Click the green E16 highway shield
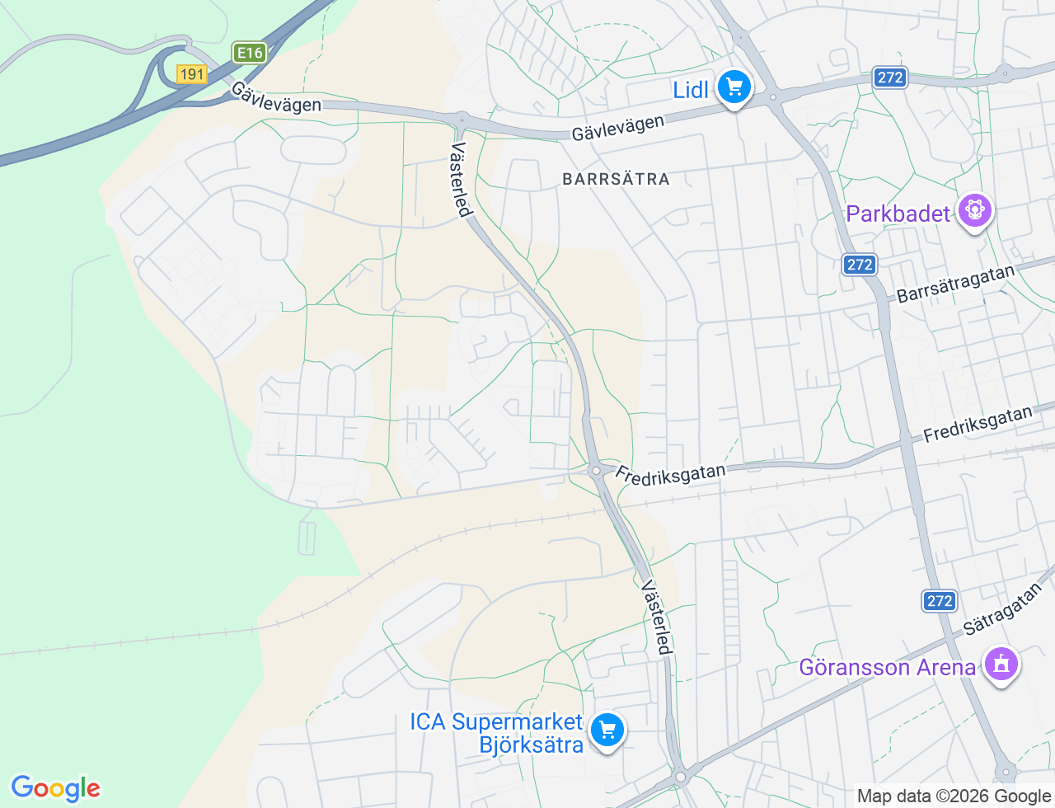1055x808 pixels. tap(249, 53)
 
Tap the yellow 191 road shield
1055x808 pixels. tap(191, 74)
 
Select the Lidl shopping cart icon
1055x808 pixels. tap(734, 87)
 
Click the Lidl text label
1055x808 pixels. tap(691, 90)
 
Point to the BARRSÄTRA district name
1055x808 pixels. tap(616, 179)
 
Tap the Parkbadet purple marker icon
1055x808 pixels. tap(974, 211)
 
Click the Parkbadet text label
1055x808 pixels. tap(898, 214)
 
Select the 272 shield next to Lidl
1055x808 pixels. tap(890, 78)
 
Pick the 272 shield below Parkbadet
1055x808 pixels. tap(860, 265)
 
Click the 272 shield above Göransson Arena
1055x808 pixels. tap(940, 601)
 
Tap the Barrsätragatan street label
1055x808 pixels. tap(954, 284)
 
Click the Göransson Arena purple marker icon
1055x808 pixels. tap(1001, 664)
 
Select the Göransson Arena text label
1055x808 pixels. tap(887, 667)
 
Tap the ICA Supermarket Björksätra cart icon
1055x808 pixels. tap(607, 730)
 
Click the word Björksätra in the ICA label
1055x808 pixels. tap(532, 745)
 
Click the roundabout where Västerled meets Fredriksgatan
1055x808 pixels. tap(596, 471)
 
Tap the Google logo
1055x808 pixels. tap(55, 788)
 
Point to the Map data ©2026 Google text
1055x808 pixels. tap(954, 796)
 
